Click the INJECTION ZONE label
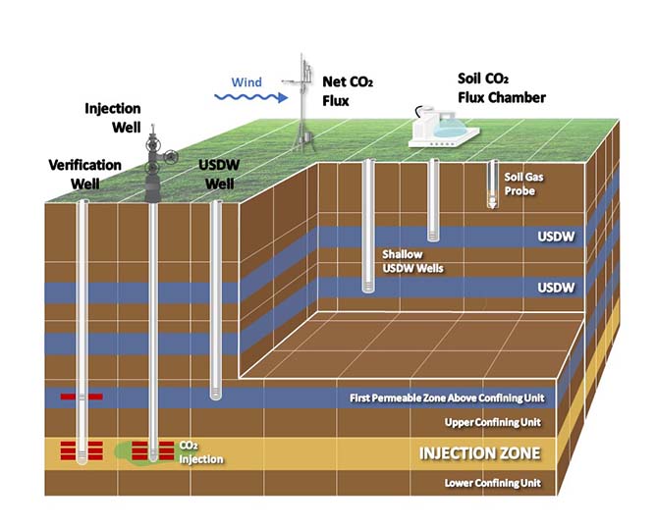(480, 453)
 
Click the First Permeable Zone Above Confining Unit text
(446, 398)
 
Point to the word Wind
(246, 81)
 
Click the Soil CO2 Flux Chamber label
(501, 86)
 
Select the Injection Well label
(114, 118)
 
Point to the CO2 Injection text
(199, 452)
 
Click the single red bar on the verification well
(81, 397)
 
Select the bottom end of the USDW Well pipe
(217, 396)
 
